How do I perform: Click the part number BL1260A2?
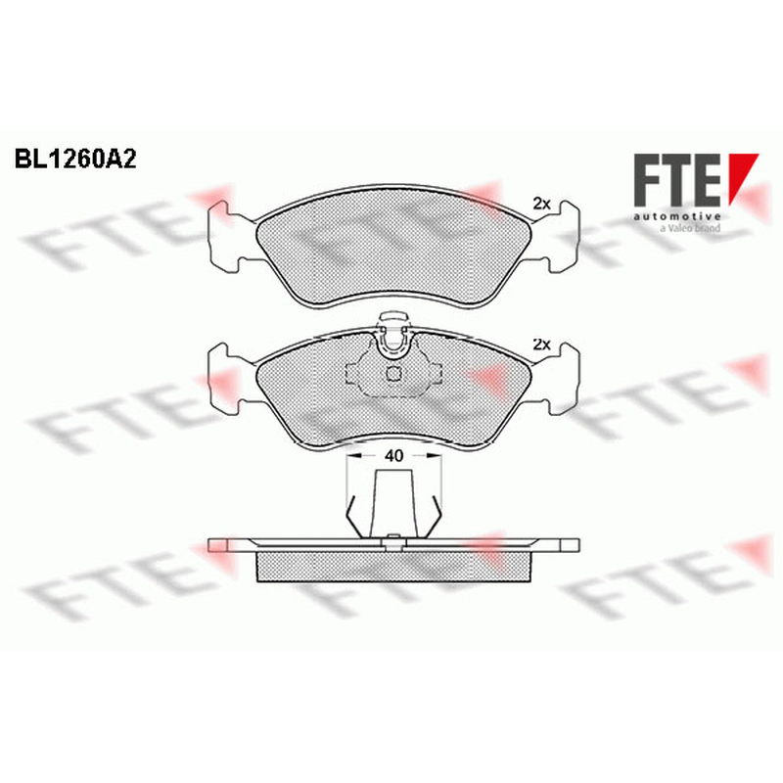point(75,160)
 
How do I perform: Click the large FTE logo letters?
point(677,180)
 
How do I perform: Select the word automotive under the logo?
point(677,216)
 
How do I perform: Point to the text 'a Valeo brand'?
point(690,228)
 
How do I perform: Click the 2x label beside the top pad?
point(541,204)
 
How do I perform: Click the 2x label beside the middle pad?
point(541,345)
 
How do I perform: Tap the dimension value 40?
point(394,455)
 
